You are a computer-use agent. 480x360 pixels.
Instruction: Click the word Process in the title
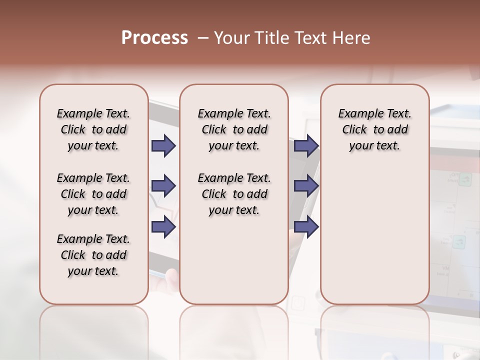click(x=154, y=38)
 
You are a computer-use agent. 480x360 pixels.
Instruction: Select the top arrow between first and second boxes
click(x=163, y=145)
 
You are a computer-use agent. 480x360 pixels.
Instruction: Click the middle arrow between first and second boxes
click(x=163, y=186)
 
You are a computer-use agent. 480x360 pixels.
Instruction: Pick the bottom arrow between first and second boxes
click(x=163, y=226)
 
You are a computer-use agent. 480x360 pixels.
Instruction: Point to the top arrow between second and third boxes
click(x=306, y=145)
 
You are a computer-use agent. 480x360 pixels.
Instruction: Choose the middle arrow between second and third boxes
click(x=306, y=186)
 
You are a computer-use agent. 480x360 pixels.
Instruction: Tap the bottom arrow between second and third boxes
click(x=306, y=226)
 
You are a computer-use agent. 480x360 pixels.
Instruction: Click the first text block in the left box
click(x=93, y=129)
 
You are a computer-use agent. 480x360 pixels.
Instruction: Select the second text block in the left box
click(x=93, y=194)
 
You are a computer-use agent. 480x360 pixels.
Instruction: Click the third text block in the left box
click(x=93, y=255)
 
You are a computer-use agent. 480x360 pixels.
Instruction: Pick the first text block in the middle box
click(x=234, y=129)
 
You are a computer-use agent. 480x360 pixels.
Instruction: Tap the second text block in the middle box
click(x=234, y=194)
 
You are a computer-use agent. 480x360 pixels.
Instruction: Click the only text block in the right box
click(x=374, y=129)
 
